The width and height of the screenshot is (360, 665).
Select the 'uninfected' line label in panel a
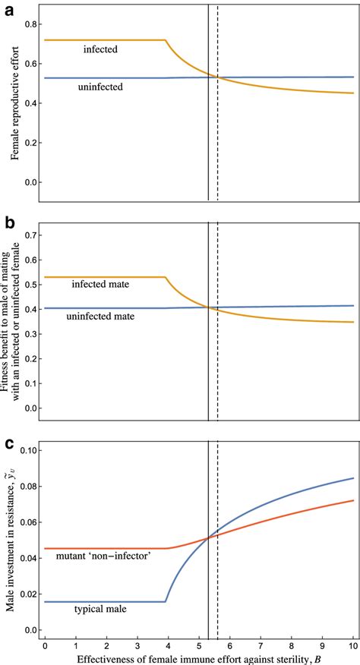tap(100, 88)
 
